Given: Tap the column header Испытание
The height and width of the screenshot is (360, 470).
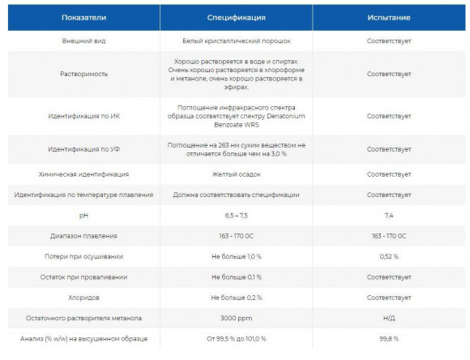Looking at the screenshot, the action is tap(389, 16).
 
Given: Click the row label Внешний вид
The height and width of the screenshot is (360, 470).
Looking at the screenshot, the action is tap(84, 39).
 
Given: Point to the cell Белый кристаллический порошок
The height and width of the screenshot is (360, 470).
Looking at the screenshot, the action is tap(236, 39).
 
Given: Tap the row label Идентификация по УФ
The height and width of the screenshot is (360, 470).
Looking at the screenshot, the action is tap(84, 150).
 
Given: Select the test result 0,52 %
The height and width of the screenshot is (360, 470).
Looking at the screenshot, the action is tap(389, 256).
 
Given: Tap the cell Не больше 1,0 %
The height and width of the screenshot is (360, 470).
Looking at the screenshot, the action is tap(236, 256).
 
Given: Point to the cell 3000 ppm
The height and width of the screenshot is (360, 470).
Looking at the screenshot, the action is tap(236, 317).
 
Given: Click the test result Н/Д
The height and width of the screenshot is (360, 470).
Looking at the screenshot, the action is tap(389, 317).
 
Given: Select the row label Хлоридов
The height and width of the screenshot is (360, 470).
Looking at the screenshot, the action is tap(84, 297).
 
